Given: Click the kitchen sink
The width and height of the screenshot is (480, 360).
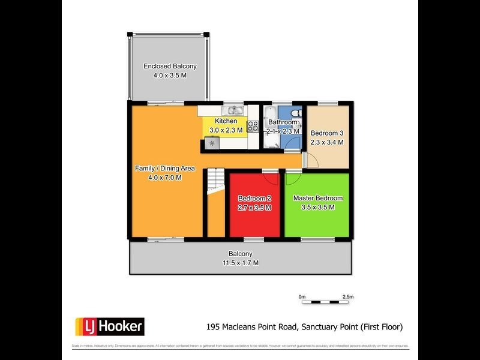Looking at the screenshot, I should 233,110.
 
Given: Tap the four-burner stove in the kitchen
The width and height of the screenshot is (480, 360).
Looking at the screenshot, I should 253,127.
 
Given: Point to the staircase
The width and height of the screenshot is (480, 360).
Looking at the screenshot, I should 214,182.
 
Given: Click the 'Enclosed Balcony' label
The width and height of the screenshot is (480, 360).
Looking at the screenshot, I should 170,67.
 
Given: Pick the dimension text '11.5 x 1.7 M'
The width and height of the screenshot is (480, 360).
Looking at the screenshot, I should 240,263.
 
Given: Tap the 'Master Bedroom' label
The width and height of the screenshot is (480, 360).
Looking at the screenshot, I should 317,198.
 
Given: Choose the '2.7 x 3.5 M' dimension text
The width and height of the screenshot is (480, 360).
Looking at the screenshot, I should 255,208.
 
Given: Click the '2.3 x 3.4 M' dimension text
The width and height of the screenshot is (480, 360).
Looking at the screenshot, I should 326,143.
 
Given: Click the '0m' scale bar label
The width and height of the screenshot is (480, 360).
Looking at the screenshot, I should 302,296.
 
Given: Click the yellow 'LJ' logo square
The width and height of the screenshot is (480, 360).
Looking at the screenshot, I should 83,326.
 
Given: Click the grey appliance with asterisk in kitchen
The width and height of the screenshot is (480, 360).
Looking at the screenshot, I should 212,143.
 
